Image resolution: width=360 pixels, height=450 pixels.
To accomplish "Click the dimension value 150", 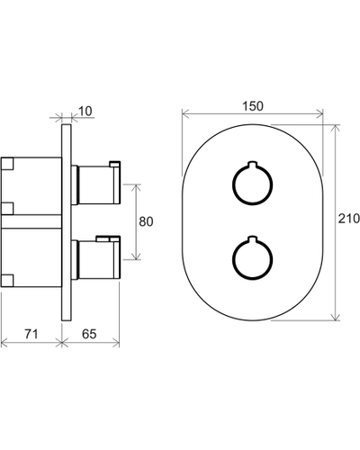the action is (x=253, y=106).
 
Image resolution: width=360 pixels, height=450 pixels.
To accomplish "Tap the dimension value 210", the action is (x=349, y=219).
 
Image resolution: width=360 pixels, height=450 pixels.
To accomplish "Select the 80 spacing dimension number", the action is (x=146, y=221).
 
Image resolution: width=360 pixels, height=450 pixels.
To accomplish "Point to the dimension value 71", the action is (x=31, y=334).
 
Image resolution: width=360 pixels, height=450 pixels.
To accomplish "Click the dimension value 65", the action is (x=89, y=334).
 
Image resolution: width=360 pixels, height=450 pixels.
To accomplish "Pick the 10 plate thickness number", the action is (x=85, y=111).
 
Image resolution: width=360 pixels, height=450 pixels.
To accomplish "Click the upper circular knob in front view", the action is (x=253, y=184).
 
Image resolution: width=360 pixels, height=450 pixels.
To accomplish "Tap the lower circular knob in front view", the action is (x=253, y=258).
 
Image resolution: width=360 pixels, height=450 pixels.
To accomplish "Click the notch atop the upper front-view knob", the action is (x=253, y=165).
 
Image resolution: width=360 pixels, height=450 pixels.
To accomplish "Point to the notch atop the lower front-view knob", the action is (x=253, y=239).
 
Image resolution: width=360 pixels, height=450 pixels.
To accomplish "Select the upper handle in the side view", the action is (x=96, y=184).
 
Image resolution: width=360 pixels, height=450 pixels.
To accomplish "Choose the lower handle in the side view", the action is (x=96, y=258).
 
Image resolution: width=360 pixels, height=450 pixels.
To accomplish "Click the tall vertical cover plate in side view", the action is (x=67, y=222).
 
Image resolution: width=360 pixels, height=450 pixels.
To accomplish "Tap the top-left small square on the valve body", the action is (x=7, y=164).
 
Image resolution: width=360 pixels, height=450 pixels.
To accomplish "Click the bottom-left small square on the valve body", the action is (x=7, y=280).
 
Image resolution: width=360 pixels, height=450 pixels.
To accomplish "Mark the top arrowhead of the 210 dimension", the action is (x=335, y=128).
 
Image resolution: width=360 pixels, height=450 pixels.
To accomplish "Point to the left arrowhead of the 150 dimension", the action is (x=185, y=113).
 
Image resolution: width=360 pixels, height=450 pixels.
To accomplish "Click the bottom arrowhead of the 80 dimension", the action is (x=137, y=256).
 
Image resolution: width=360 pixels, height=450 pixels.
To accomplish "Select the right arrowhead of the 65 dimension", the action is (x=116, y=342).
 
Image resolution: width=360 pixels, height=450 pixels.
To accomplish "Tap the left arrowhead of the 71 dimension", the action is (x=4, y=342).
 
